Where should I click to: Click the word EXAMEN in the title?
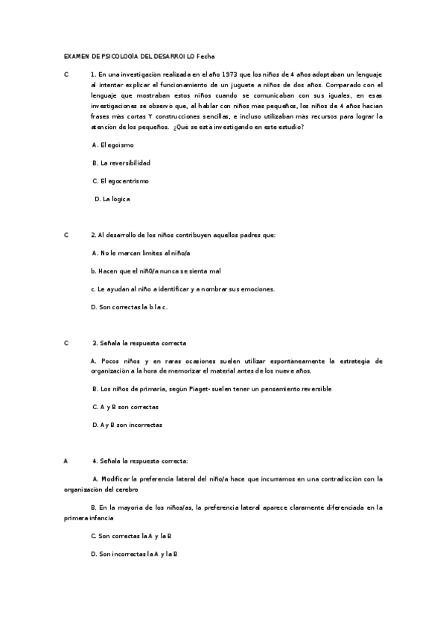[x=76, y=57]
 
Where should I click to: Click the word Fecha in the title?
[x=206, y=57]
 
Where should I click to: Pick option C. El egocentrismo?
[x=120, y=180]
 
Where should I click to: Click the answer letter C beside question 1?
[x=66, y=75]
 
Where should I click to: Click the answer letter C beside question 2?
[x=66, y=235]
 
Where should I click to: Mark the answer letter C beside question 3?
[x=66, y=343]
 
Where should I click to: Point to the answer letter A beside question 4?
[x=66, y=461]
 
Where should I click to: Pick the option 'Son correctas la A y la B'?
[x=130, y=536]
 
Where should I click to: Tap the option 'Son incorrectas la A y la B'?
[x=133, y=554]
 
